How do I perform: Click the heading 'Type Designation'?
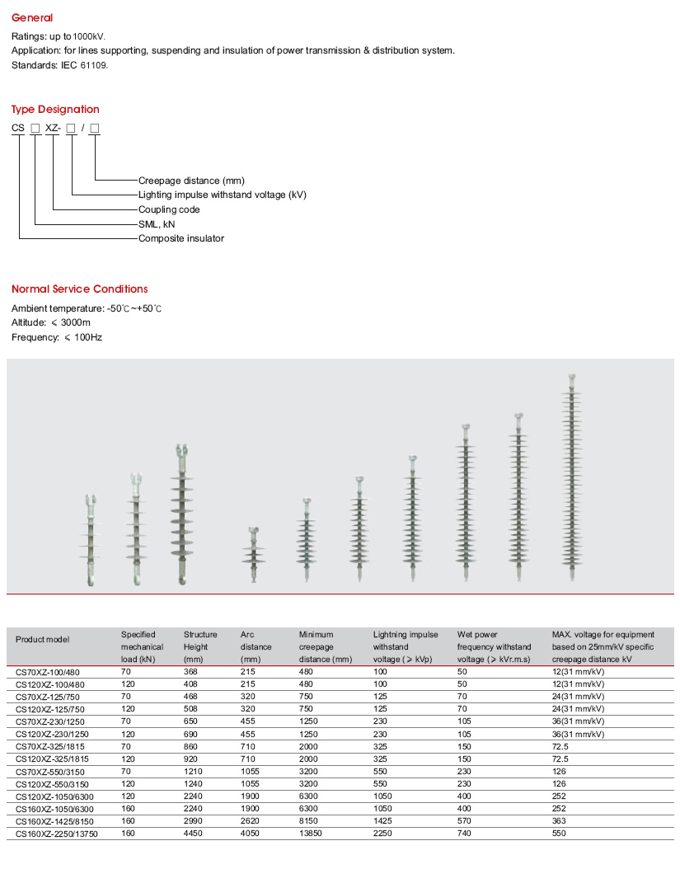coord(55,109)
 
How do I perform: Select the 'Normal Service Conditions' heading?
coord(79,289)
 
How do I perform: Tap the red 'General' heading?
coord(32,17)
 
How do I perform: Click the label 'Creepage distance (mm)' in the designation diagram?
coord(191,180)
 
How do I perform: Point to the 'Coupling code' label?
coord(169,209)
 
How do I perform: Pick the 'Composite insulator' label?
coord(181,238)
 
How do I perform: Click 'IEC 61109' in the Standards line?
coord(86,64)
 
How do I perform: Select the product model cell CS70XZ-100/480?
coord(50,672)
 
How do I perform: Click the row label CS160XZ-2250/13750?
coord(57,834)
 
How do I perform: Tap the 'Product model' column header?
coord(43,639)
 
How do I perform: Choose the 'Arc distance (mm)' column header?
coord(256,646)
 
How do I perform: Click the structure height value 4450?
coord(194,834)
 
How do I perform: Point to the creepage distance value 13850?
coord(312,834)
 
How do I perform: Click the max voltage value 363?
coord(560,821)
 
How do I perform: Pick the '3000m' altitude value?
coord(76,322)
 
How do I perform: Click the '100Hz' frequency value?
coord(87,336)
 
